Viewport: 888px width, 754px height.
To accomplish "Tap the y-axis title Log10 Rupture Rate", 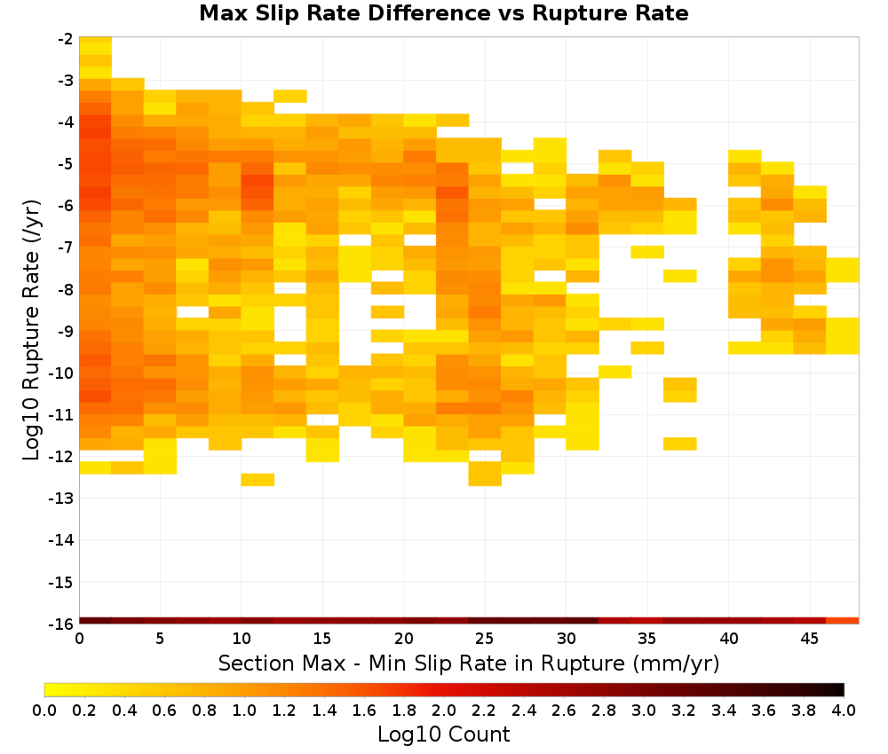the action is (x=32, y=330).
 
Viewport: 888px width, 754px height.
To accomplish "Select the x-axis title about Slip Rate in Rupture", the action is (x=469, y=663).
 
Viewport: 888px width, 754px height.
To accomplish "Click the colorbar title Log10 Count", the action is (x=444, y=734).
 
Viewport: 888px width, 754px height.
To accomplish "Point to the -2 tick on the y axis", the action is (x=65, y=39).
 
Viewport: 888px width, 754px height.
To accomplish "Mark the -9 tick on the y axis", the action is (x=65, y=332).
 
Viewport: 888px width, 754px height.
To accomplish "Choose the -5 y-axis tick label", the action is (x=65, y=164).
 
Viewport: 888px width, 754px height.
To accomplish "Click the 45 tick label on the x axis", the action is (x=810, y=639).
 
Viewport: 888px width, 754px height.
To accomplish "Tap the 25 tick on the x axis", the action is (x=485, y=639).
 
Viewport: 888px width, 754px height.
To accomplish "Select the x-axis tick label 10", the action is (x=242, y=639).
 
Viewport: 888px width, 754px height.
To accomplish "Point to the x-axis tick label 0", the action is (x=79, y=639).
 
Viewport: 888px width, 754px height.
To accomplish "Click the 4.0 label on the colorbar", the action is (x=844, y=710).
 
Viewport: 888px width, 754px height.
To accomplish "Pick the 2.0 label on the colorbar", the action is (x=444, y=710).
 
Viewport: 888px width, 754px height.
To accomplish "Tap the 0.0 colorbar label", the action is (x=44, y=710).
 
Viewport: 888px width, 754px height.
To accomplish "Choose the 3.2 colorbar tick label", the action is (x=684, y=710).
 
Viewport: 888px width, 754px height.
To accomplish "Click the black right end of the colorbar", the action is (x=842, y=689).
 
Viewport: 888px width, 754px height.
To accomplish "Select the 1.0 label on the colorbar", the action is (x=244, y=710).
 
